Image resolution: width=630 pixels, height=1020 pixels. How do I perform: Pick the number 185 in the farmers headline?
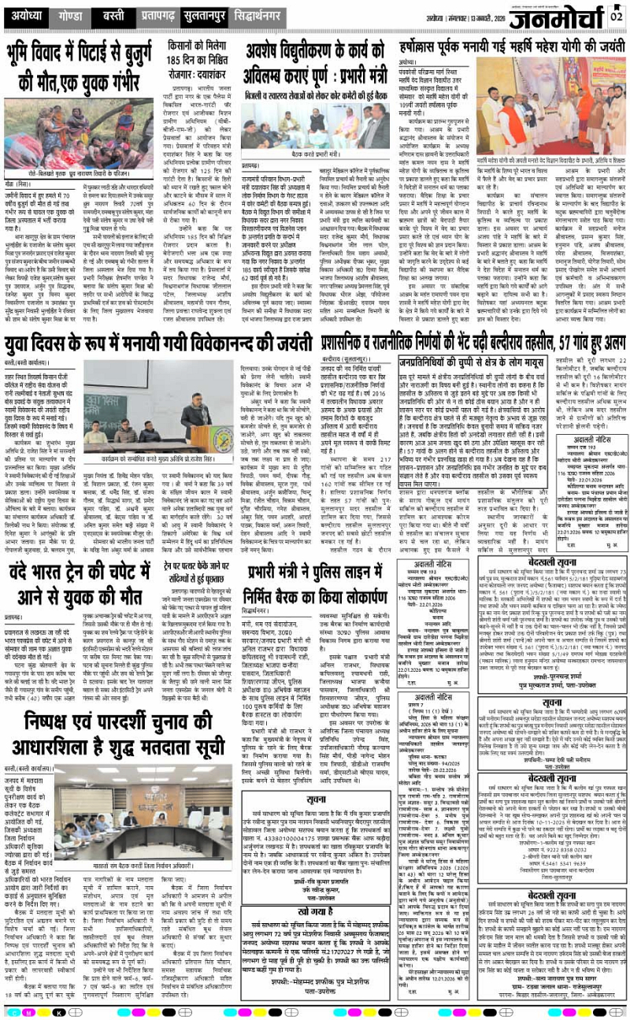click(x=180, y=58)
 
